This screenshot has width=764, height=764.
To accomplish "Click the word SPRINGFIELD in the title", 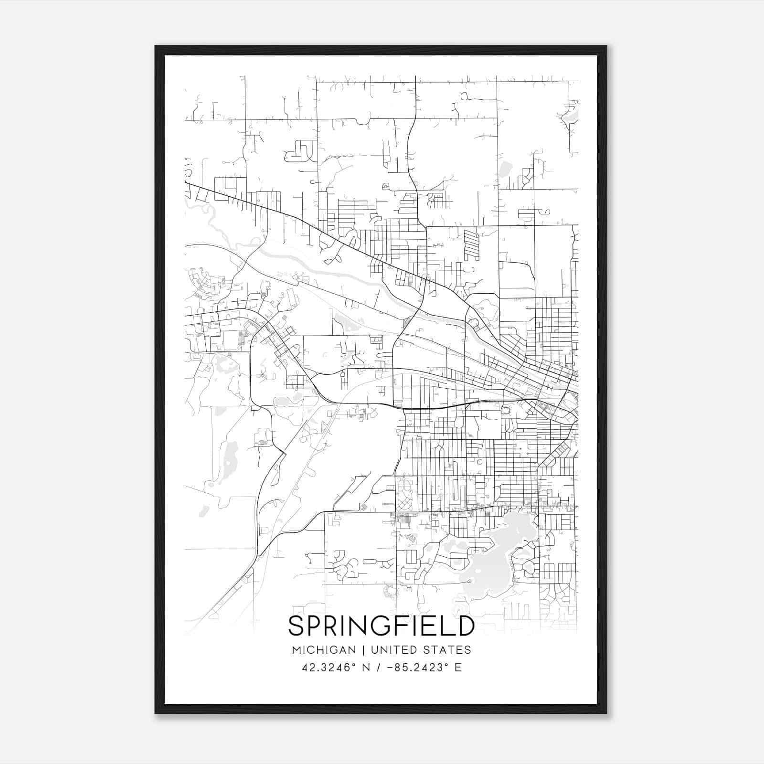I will pyautogui.click(x=381, y=626).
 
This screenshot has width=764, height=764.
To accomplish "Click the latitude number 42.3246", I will pyautogui.click(x=325, y=668).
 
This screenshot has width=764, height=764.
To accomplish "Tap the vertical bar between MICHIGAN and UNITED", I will pyautogui.click(x=363, y=650).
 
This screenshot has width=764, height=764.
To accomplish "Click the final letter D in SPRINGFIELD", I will pyautogui.click(x=465, y=626).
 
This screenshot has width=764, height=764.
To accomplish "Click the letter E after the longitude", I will pyautogui.click(x=458, y=668).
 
